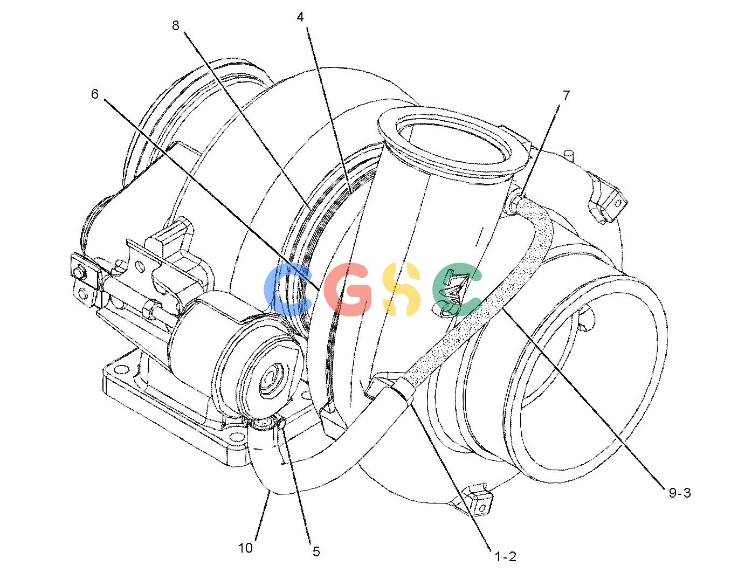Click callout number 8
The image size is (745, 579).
coord(176,25)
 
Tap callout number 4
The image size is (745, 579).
coord(300,17)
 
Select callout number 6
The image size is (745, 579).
coord(95,94)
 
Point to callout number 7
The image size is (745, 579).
coord(566,95)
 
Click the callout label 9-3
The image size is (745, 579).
coord(680,493)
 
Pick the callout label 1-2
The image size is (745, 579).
coord(506,557)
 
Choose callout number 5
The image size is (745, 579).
coord(316,552)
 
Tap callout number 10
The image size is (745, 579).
coord(245,548)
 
